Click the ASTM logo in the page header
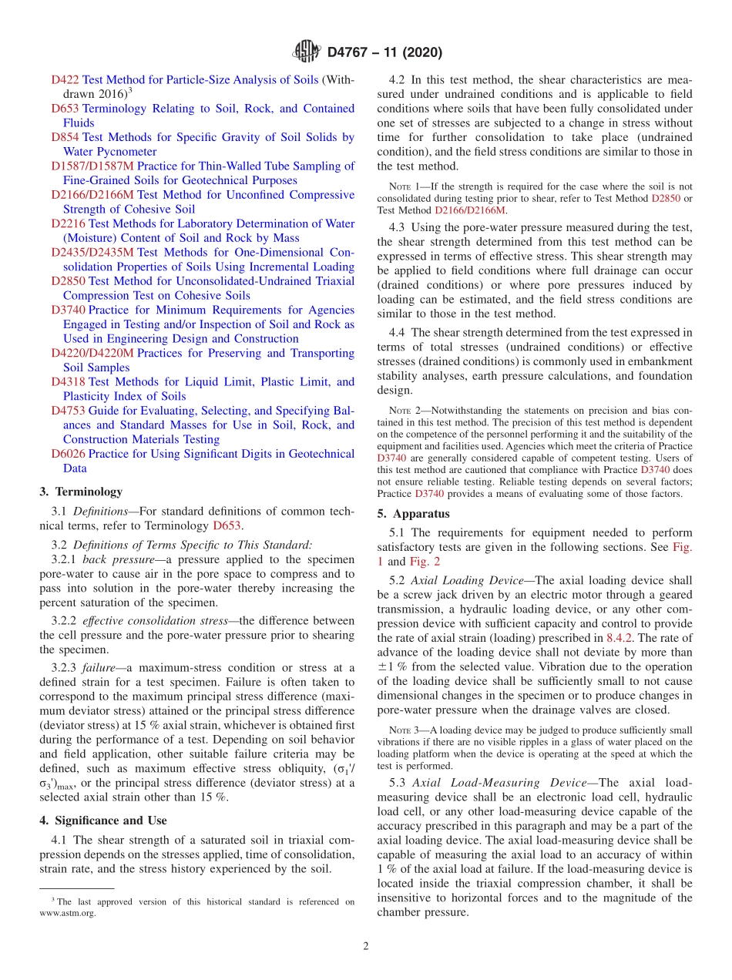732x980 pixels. (307, 52)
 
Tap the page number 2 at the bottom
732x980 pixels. (366, 946)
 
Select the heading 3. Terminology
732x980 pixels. (81, 492)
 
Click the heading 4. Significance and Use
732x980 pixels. (102, 821)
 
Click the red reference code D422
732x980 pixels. (65, 79)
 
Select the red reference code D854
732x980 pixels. (65, 137)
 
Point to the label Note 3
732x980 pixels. (402, 730)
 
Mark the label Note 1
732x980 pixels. (402, 186)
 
